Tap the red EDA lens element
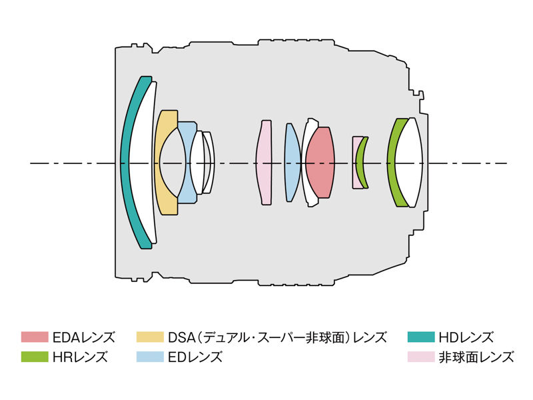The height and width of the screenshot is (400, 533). click(320, 163)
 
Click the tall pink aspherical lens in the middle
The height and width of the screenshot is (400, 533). click(265, 163)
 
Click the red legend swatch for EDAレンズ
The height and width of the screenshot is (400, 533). click(35, 337)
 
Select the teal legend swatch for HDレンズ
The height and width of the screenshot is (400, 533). click(420, 337)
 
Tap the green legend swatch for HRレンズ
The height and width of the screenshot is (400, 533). click(35, 357)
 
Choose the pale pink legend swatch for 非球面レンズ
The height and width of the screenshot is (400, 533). click(420, 357)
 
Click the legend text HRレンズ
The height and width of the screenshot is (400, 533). click(79, 357)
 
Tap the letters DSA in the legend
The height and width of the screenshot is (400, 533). click(182, 337)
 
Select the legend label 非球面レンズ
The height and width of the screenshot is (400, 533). click(476, 357)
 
